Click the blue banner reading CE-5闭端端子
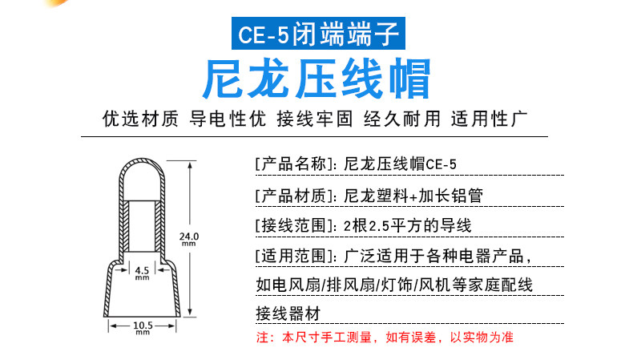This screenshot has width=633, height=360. coord(316,34)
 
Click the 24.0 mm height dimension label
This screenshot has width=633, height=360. coord(188,238)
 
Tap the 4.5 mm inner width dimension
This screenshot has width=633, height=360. coord(142,271)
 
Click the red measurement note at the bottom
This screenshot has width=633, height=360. coord(384,338)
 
